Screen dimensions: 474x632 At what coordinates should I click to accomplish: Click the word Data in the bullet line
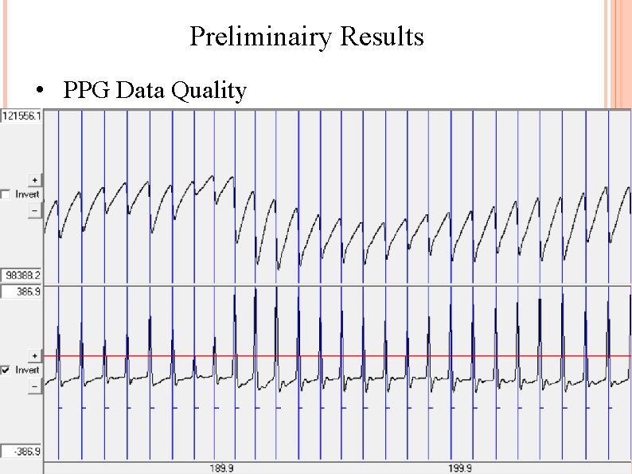pos(141,92)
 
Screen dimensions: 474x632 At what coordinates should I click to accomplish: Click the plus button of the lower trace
pos(34,355)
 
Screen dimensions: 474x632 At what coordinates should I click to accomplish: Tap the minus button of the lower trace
pos(34,386)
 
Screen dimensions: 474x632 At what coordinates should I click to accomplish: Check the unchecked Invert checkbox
pos(6,194)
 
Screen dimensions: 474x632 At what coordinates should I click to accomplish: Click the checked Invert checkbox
pos(6,370)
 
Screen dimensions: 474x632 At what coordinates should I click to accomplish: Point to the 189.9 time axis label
pos(220,468)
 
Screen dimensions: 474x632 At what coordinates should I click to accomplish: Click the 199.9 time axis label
pos(459,468)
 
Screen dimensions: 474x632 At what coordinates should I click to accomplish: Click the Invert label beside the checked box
pos(26,370)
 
